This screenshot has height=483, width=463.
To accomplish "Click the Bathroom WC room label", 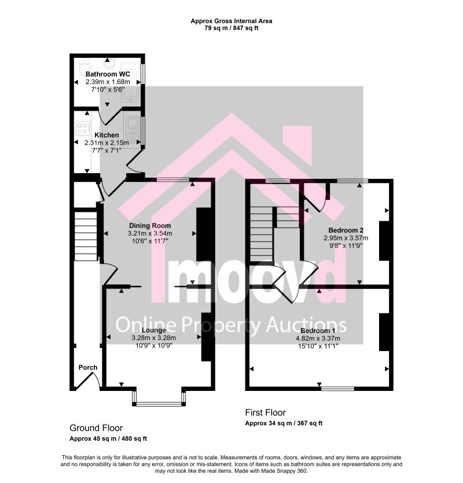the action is (x=108, y=74).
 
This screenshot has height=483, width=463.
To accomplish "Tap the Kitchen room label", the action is (x=106, y=135).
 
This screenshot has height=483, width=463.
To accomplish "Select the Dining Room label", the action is (x=150, y=225).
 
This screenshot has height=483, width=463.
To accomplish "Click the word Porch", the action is (x=88, y=367).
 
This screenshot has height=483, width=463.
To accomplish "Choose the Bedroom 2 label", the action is (x=346, y=230).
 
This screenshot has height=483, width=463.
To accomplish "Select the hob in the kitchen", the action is (x=83, y=128).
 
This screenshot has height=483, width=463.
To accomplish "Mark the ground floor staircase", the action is (x=86, y=236).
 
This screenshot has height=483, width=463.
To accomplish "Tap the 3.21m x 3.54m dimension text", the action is (x=150, y=233).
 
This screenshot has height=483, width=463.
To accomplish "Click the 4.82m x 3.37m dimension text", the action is (x=318, y=338).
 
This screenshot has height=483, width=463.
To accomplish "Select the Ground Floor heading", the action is (x=96, y=428).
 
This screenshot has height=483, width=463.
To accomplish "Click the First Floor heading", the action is (x=266, y=412).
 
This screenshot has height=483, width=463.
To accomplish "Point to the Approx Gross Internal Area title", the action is (x=231, y=21).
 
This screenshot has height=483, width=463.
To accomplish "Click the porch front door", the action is (x=88, y=380).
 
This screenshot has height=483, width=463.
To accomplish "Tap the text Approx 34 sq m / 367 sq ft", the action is (x=284, y=423).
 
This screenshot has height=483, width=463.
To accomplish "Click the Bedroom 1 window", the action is (x=338, y=389).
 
